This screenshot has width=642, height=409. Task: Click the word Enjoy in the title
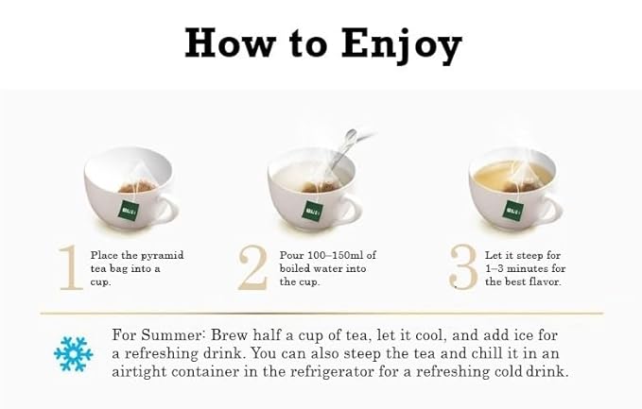(401, 45)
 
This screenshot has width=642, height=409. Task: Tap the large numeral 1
(71, 268)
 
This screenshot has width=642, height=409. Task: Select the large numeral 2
(253, 268)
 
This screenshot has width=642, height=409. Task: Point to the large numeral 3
(463, 268)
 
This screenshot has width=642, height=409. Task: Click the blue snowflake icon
(74, 354)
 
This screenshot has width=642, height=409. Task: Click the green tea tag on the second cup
(313, 211)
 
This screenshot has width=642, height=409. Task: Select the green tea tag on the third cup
(512, 211)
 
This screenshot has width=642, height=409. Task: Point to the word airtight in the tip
(139, 372)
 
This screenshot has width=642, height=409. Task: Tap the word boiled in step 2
(294, 268)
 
